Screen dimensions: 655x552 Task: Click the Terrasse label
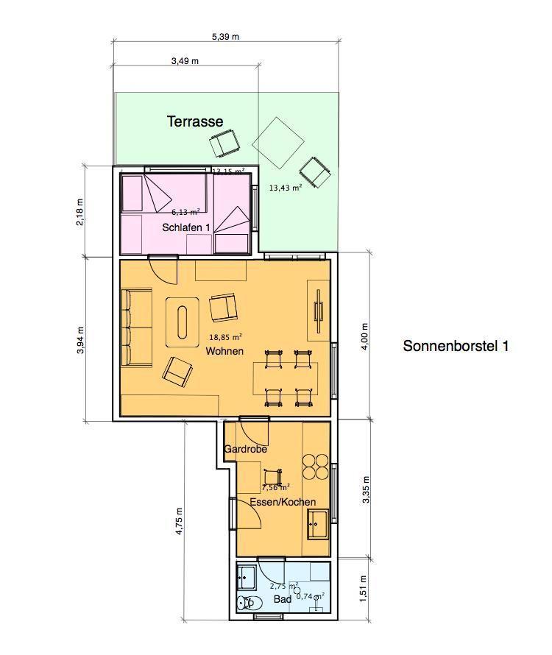pos(194,121)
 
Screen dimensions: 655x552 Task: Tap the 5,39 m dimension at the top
pos(225,37)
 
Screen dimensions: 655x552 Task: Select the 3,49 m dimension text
pos(185,61)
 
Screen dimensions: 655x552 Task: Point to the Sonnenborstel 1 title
pos(456,346)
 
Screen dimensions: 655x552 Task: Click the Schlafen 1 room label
pos(186,228)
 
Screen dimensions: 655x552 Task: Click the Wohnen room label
pos(224,351)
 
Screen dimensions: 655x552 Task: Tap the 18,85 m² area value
pos(225,338)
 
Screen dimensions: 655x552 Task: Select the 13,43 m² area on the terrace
pos(285,188)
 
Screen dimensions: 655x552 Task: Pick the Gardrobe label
pos(245,449)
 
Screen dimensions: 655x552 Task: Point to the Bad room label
pos(283,599)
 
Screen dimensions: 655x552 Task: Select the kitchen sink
pos(318,524)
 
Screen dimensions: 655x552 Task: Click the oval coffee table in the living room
pos(183,321)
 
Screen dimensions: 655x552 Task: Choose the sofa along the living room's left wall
pos(136,327)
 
